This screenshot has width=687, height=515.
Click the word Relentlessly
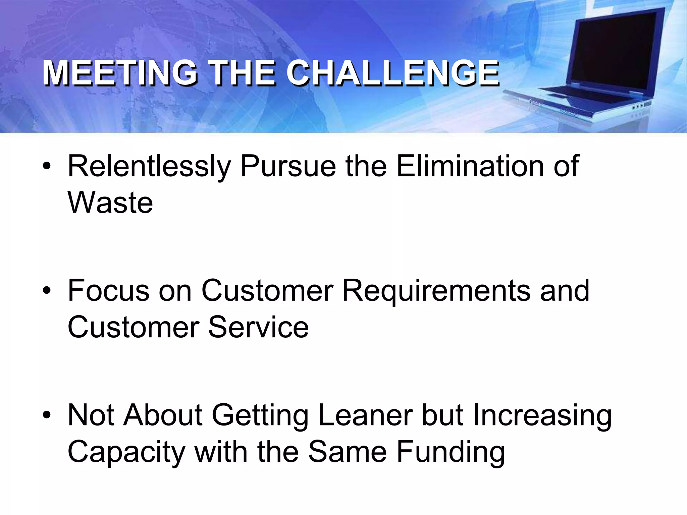[149, 167]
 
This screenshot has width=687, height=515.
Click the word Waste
[110, 203]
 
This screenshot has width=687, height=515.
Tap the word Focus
[108, 290]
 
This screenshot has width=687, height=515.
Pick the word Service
[258, 327]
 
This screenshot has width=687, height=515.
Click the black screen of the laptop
[614, 50]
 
